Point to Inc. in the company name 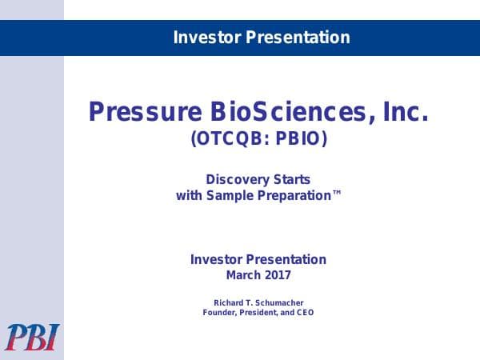click(x=404, y=112)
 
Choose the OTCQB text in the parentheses click(x=229, y=139)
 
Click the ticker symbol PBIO click(x=299, y=139)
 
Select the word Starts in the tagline click(x=290, y=179)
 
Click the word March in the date click(x=242, y=275)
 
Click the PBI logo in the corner click(x=31, y=337)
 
